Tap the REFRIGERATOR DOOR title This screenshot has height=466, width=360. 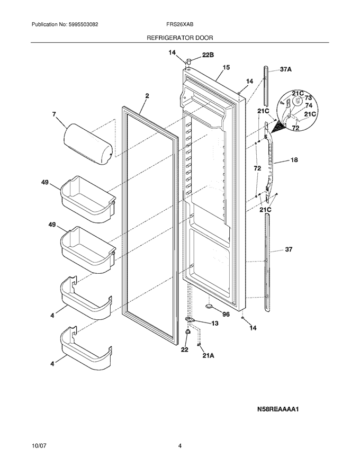coord(180,38)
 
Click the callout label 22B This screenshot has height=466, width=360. coord(208,55)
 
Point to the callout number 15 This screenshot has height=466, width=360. coord(226,67)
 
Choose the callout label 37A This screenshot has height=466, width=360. coord(286,69)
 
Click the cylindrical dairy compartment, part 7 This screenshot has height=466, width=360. coord(88,145)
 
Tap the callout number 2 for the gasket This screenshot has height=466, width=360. coord(147,96)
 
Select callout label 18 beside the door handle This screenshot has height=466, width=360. coord(294,160)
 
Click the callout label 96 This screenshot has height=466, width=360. coord(226,315)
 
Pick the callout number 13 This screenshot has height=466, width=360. coord(214,323)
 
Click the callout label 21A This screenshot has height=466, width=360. coord(208,355)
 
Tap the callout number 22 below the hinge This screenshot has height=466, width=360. coord(184,350)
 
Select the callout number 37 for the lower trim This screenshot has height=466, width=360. coord(289,249)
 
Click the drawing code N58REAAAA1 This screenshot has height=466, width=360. coord(278,409)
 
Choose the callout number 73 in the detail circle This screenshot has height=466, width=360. coord(308,98)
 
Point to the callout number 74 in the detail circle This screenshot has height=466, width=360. coord(309,105)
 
